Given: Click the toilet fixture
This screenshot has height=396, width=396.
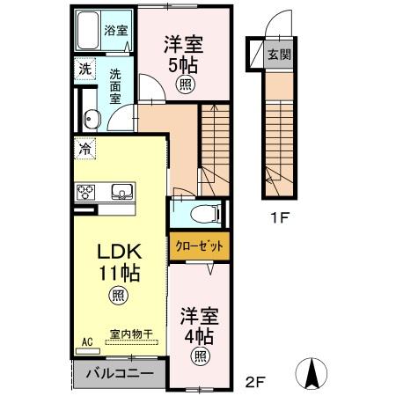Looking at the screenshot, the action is [205, 213].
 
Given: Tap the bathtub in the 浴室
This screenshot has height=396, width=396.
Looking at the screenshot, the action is [87, 31].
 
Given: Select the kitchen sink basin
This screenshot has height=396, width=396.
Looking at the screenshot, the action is [122, 191].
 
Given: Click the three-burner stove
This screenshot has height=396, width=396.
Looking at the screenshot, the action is [85, 192].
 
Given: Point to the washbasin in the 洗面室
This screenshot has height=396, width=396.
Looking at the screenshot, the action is [92, 119].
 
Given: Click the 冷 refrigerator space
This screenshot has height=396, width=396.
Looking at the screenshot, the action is [85, 149].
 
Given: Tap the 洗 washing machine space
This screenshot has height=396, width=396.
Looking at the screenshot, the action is [84, 69].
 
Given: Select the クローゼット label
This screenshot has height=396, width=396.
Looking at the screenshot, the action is [200, 246].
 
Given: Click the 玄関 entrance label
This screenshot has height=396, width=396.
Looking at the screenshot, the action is [279, 55].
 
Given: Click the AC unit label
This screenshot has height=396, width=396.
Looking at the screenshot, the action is [87, 341].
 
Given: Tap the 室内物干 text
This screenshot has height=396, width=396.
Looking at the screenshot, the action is [131, 334].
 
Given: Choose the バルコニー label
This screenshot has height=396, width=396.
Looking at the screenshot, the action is [120, 373].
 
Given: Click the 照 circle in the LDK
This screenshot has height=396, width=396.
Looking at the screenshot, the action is [119, 296].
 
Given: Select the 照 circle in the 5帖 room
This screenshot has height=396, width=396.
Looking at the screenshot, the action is [185, 84].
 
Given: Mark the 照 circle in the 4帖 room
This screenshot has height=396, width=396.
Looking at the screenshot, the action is [201, 356].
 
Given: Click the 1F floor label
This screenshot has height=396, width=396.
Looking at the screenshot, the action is [280, 217].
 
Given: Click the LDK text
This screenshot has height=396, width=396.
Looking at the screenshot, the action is [120, 252].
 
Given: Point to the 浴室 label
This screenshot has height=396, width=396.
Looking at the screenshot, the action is [116, 30].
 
